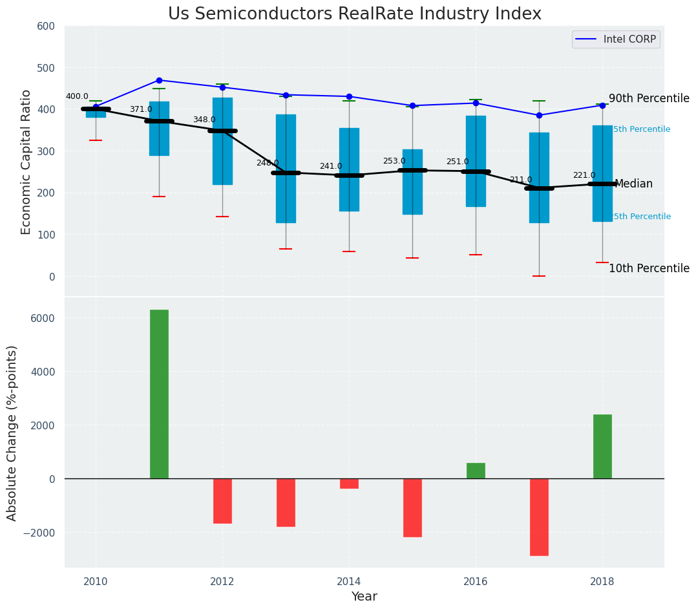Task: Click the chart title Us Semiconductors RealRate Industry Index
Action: [x=355, y=14]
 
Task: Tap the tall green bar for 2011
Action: [x=159, y=394]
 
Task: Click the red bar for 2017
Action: [x=539, y=517]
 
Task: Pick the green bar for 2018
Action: [x=602, y=447]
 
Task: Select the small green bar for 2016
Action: [x=476, y=471]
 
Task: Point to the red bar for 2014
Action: [x=349, y=484]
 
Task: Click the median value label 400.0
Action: [x=77, y=96]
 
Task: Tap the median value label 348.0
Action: [x=204, y=120]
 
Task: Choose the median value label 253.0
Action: [x=394, y=161]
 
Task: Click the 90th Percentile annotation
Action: [x=649, y=99]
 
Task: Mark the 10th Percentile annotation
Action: [x=649, y=268]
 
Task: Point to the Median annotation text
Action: [x=633, y=184]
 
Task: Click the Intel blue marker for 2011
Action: [x=159, y=80]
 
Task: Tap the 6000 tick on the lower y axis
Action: [x=43, y=318]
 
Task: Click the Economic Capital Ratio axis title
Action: [x=26, y=161]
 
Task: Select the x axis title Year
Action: [x=364, y=597]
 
